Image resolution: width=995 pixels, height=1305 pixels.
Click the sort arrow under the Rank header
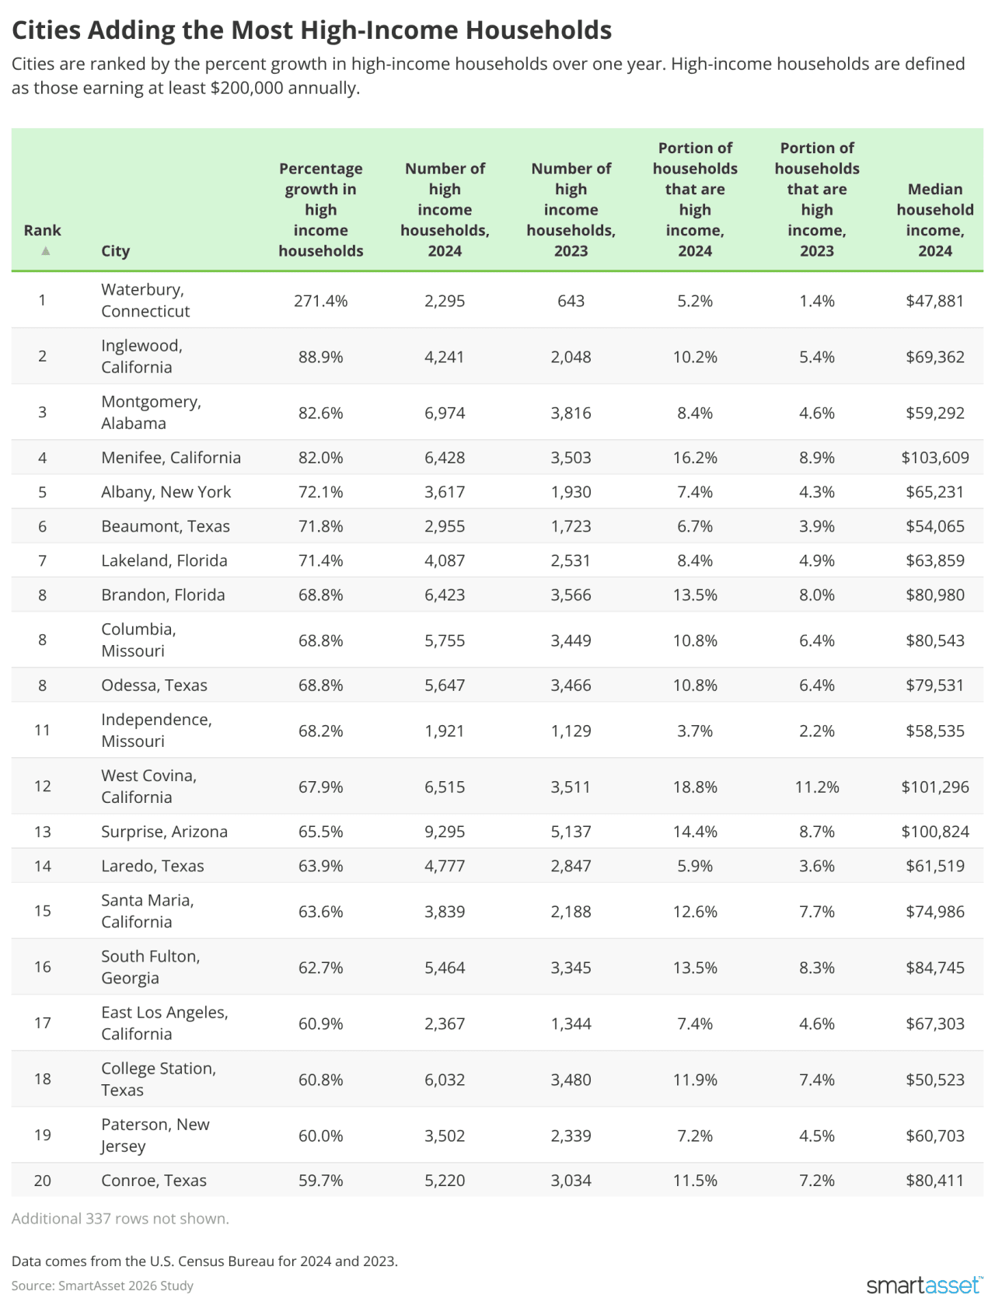coord(46,250)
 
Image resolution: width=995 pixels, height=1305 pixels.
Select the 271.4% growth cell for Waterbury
coord(320,301)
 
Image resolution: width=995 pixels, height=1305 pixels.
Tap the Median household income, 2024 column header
coord(934,220)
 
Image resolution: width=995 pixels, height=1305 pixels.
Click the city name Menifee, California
coord(171,458)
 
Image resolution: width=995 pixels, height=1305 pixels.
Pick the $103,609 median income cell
coord(934,458)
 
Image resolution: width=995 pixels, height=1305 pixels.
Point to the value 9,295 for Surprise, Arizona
coord(445,832)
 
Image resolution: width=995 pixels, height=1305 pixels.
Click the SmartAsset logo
coord(923,1285)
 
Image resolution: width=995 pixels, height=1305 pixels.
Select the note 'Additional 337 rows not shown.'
coord(120,1218)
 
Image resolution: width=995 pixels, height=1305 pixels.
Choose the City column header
coord(115,250)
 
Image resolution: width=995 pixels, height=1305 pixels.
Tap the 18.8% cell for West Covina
coord(695,787)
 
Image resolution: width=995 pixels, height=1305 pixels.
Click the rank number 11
coord(42,730)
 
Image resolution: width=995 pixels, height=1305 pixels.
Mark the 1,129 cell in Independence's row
coord(571,731)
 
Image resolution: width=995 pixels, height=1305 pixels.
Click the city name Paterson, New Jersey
coord(155,1135)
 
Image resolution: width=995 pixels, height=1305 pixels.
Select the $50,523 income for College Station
coord(934,1080)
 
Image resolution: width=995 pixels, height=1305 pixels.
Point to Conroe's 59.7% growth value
coord(320,1181)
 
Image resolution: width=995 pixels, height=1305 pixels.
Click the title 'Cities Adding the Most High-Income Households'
coord(312,30)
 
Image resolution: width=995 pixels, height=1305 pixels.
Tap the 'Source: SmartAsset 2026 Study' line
coord(103,1286)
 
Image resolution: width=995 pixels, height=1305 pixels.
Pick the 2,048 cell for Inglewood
coord(571,357)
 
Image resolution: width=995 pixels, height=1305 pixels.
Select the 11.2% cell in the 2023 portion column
coord(816,787)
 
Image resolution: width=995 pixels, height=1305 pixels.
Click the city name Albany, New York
coord(166,492)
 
